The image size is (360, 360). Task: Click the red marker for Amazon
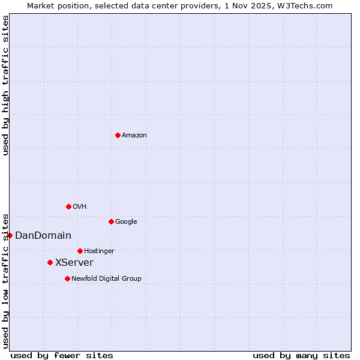tap(118, 135)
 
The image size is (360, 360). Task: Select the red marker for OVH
tap(68, 206)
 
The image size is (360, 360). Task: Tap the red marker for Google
tap(111, 221)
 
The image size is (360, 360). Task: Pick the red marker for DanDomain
tap(10, 235)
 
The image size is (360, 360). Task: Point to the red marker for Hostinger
tap(80, 251)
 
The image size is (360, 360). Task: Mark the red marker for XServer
tap(50, 262)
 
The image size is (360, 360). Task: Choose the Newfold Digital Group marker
tap(67, 278)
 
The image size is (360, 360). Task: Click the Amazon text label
tap(134, 136)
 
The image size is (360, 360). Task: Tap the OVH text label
tap(80, 207)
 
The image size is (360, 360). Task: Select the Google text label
tap(126, 222)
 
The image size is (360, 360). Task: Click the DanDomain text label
tap(43, 236)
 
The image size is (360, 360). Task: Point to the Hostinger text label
tap(99, 251)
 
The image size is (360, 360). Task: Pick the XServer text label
tap(74, 263)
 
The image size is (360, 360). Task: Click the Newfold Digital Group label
tap(106, 278)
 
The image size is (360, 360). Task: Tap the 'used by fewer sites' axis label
tap(62, 355)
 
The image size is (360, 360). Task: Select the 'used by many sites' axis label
tap(301, 355)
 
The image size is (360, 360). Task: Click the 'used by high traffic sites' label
tap(5, 85)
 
